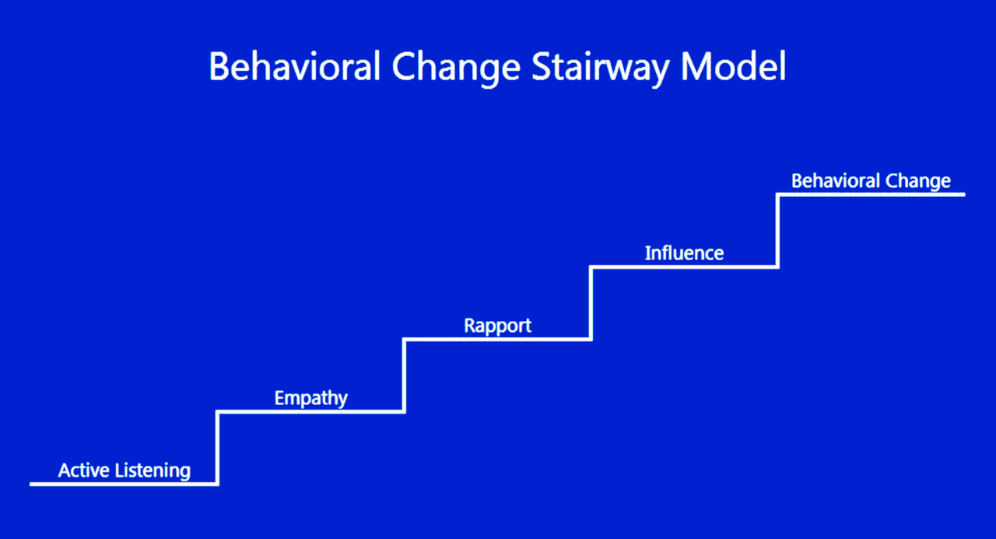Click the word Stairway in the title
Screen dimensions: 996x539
tap(600, 68)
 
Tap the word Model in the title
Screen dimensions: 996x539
tap(733, 66)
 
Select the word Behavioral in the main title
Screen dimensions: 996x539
tap(295, 66)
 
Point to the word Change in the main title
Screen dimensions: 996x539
tap(456, 68)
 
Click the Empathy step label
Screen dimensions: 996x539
tap(310, 398)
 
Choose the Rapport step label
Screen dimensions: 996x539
tap(497, 326)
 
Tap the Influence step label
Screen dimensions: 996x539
tap(684, 253)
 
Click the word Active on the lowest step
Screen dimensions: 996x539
tap(83, 470)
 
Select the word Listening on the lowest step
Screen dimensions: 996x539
tap(153, 471)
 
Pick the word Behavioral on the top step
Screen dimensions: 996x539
tap(836, 181)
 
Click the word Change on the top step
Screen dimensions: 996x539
tap(917, 182)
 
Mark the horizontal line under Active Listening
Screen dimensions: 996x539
tap(124, 484)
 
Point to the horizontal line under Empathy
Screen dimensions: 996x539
tap(310, 412)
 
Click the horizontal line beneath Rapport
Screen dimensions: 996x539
tap(497, 339)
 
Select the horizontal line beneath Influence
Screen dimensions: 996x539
tap(684, 266)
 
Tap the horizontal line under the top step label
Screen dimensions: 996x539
tap(871, 195)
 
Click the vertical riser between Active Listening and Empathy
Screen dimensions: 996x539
tap(217, 448)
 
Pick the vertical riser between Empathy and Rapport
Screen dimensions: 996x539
tap(404, 375)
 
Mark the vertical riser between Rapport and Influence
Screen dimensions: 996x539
tap(591, 303)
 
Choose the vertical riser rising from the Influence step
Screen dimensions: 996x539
tap(777, 231)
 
